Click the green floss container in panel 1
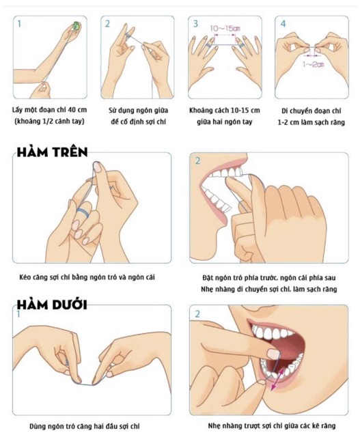[76, 25]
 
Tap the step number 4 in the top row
[283, 24]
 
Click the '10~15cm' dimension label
[225, 29]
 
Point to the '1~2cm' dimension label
[314, 64]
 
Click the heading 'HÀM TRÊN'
[53, 152]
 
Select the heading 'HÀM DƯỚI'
[52, 305]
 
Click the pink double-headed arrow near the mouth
[278, 379]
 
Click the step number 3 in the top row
[196, 24]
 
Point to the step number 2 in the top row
[108, 24]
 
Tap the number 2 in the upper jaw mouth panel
[197, 161]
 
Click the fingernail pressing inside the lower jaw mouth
[273, 354]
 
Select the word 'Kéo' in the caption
[25, 277]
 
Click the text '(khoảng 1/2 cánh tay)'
[49, 122]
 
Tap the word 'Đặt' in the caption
[208, 278]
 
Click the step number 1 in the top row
[19, 24]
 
